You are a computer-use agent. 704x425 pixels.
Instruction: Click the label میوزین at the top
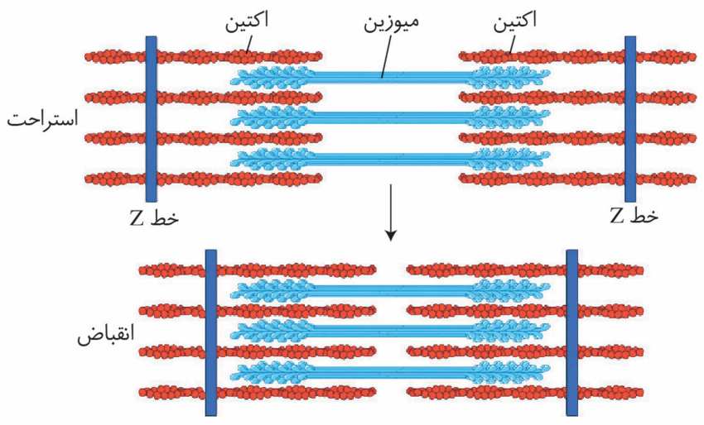click(x=391, y=22)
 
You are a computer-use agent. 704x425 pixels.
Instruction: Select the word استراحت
click(x=42, y=119)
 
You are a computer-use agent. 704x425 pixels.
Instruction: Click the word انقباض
click(x=106, y=335)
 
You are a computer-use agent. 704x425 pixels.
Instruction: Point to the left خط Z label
click(x=154, y=217)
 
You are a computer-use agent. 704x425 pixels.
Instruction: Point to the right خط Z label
click(x=634, y=216)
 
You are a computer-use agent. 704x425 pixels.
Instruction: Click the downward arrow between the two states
click(x=391, y=212)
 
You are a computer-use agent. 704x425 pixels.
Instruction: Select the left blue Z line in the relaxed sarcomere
click(x=152, y=119)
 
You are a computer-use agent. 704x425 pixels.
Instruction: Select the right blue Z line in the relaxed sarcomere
click(x=630, y=119)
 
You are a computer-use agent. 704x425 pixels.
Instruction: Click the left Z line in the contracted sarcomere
click(x=211, y=332)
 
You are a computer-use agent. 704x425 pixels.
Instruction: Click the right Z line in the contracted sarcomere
click(x=572, y=332)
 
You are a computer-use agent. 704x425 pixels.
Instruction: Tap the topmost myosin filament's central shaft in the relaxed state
click(x=391, y=77)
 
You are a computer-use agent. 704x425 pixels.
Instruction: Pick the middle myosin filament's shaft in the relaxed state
click(x=391, y=117)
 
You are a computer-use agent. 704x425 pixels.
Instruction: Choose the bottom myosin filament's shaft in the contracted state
click(x=391, y=371)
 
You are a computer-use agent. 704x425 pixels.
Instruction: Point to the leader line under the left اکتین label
click(x=248, y=43)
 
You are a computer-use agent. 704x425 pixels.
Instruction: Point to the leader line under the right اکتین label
click(x=511, y=44)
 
